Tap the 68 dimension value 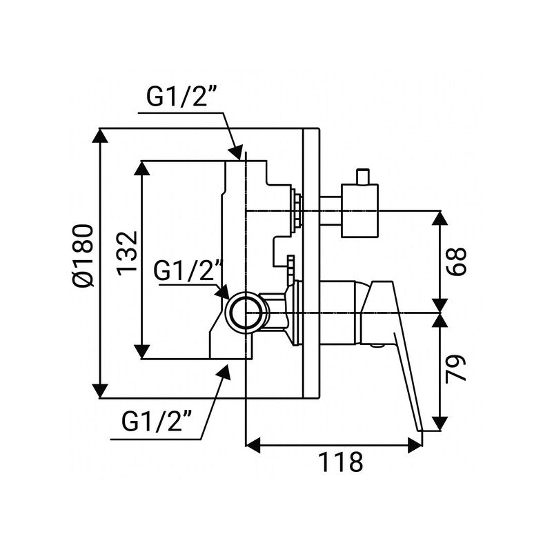pyautogui.click(x=461, y=260)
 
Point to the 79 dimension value pyautogui.click(x=461, y=368)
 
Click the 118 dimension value pyautogui.click(x=340, y=461)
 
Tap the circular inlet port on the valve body pyautogui.click(x=246, y=312)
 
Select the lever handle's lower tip pyautogui.click(x=431, y=428)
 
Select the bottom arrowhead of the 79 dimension pyautogui.click(x=440, y=424)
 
